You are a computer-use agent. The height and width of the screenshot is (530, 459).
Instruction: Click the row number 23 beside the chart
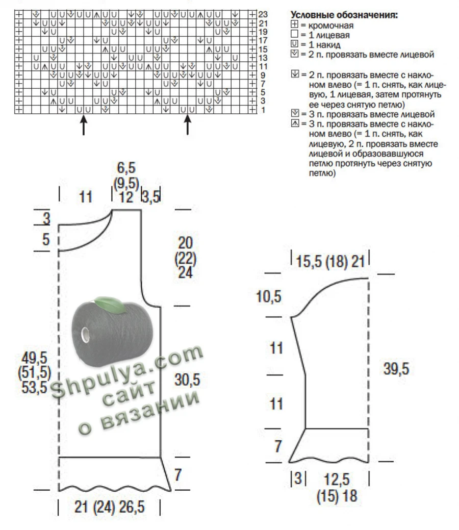point(263,14)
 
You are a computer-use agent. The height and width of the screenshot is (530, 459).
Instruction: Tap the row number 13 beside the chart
point(263,58)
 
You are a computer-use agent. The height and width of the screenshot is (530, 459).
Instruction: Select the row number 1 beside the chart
point(263,110)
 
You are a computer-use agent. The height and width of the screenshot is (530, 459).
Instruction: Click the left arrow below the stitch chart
point(84,124)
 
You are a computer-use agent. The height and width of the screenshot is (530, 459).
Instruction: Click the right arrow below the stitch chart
point(188,124)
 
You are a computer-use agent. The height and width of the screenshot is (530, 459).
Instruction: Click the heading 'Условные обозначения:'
point(344,15)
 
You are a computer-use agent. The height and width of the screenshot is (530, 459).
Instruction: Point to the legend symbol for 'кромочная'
point(294,24)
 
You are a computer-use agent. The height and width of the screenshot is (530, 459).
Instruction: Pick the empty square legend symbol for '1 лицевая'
point(294,34)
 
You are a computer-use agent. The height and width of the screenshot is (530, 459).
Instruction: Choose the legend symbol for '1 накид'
point(294,44)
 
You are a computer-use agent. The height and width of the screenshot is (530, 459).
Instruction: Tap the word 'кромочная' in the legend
point(331,26)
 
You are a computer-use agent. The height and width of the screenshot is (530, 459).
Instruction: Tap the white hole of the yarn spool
point(85,334)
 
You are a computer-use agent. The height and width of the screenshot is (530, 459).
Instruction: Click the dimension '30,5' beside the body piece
point(187,380)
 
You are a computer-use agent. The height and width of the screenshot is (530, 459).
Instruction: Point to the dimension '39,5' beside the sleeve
point(396,368)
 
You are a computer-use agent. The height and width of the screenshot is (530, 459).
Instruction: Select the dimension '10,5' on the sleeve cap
point(269,297)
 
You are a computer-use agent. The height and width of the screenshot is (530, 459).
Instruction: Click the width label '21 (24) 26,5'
point(110,507)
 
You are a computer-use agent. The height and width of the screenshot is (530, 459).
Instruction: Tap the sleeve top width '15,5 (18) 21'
point(330,262)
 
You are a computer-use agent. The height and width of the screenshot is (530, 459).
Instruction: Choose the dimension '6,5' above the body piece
point(126,168)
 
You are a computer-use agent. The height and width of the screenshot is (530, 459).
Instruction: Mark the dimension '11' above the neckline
point(86,197)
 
